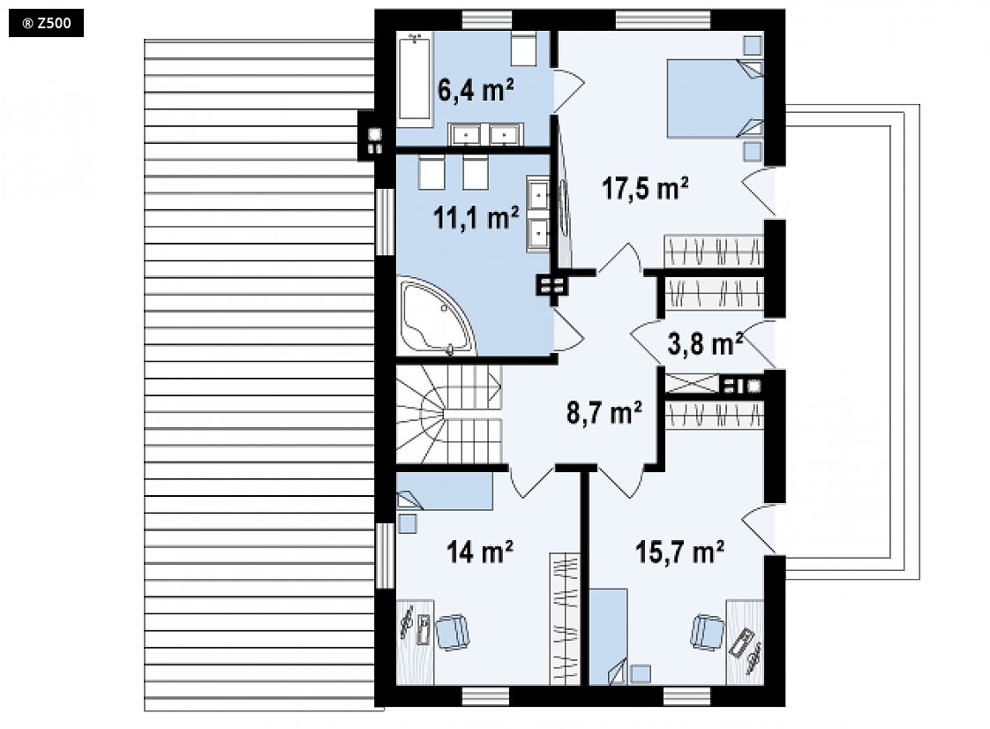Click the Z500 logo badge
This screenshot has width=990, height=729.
tap(46, 23)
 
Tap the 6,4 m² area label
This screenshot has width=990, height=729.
tap(476, 90)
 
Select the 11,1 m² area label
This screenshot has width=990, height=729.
tap(476, 218)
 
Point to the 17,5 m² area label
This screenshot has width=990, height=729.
tap(645, 188)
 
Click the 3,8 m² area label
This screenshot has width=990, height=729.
tap(705, 344)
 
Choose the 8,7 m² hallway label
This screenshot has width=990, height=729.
tap(604, 412)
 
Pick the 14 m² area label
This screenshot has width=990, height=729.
tap(480, 552)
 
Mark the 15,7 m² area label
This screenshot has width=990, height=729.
tap(679, 552)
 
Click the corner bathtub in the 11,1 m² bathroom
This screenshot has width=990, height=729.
tap(435, 315)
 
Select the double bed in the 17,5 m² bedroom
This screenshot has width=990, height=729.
tap(716, 99)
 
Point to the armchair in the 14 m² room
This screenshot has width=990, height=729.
tap(453, 632)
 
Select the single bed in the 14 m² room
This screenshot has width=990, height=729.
tap(445, 492)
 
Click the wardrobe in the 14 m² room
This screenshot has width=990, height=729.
tap(565, 619)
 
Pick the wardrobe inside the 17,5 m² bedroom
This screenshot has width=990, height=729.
tap(714, 251)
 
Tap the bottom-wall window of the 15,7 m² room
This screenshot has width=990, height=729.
tap(687, 696)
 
